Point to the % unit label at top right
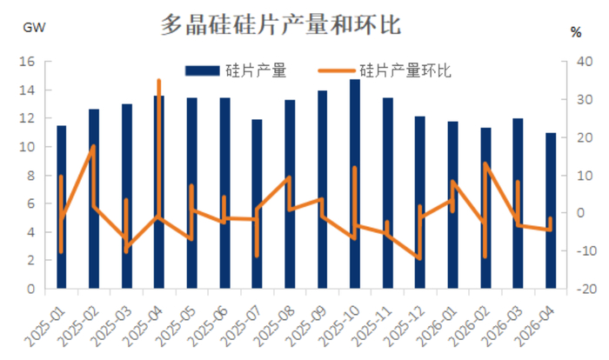click(x=575, y=32)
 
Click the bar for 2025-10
click(x=355, y=183)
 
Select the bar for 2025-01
click(x=62, y=207)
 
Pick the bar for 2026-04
click(x=551, y=210)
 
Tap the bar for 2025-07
click(x=258, y=203)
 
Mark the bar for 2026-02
click(x=485, y=208)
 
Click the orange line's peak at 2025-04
click(x=158, y=80)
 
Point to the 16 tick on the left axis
click(x=27, y=62)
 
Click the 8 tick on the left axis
click(x=30, y=176)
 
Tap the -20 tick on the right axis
click(x=588, y=289)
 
